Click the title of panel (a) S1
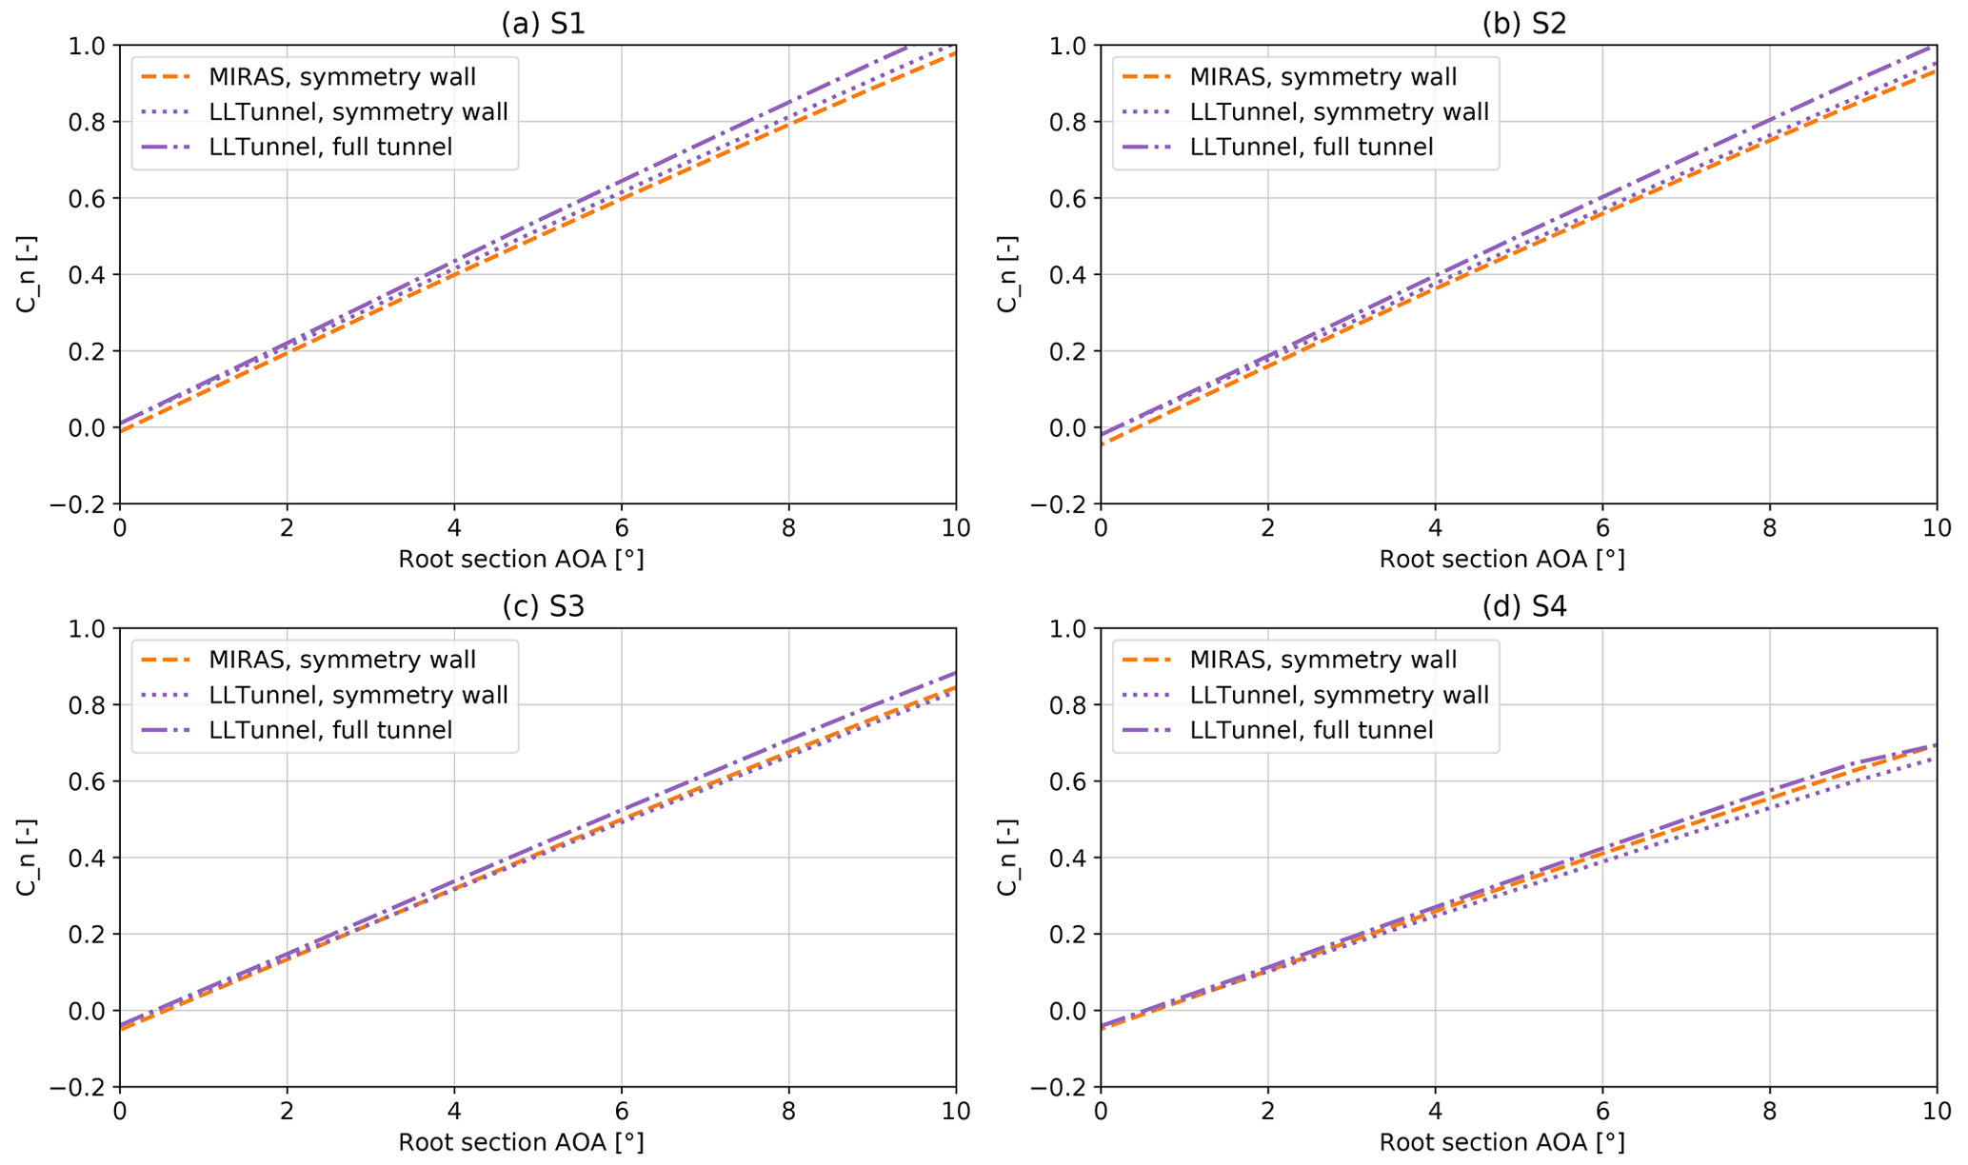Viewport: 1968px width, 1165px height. click(543, 23)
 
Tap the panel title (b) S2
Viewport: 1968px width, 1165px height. click(1523, 23)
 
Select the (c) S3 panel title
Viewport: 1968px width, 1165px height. click(543, 606)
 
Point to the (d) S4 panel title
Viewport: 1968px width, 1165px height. click(1523, 606)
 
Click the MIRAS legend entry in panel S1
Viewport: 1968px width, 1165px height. click(342, 77)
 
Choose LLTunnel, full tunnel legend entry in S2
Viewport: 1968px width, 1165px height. click(1311, 147)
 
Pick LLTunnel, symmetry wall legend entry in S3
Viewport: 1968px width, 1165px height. click(358, 695)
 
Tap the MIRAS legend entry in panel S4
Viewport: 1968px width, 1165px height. click(1322, 660)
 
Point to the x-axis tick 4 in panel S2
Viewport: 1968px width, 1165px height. click(1435, 526)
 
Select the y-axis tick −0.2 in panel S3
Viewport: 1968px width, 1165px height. click(81, 1087)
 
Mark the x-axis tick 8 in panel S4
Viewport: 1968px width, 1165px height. click(1769, 1110)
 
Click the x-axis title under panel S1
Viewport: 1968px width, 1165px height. click(521, 559)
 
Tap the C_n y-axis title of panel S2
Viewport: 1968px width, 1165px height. click(1006, 274)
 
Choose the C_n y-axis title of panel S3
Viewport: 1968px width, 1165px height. click(26, 857)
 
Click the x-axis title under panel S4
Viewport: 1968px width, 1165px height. click(1501, 1142)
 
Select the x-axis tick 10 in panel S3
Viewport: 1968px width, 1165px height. click(955, 1110)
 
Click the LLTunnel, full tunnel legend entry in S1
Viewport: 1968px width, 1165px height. click(330, 147)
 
